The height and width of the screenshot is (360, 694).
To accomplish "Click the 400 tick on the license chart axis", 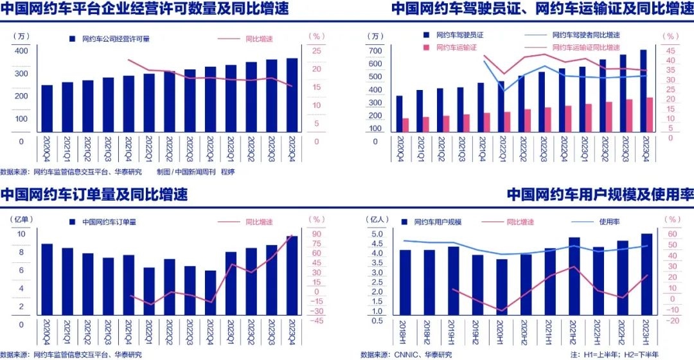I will tap(21, 51).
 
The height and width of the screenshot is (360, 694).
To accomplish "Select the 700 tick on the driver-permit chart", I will tap(376, 51).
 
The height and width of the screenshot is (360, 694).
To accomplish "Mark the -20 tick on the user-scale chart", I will tap(673, 321).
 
